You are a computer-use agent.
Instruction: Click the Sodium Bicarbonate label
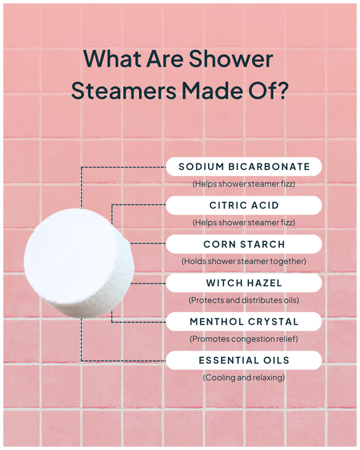244,166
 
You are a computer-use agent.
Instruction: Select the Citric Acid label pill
244,205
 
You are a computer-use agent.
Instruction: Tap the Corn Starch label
244,245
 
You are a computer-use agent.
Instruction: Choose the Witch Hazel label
244,283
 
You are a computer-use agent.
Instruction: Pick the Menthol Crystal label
244,322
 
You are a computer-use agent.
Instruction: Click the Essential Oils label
244,360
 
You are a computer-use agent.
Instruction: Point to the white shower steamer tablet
77,263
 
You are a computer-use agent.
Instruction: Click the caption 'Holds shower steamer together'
244,261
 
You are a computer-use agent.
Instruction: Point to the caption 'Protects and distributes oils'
244,300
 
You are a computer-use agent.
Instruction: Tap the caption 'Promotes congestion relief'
244,339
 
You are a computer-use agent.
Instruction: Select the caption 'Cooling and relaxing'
244,377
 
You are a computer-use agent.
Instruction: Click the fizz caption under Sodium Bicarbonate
244,184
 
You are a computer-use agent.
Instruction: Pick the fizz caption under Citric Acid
244,222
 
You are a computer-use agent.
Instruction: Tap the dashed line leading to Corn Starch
149,244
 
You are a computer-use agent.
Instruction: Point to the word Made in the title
209,91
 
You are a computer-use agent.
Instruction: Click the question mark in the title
281,91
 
